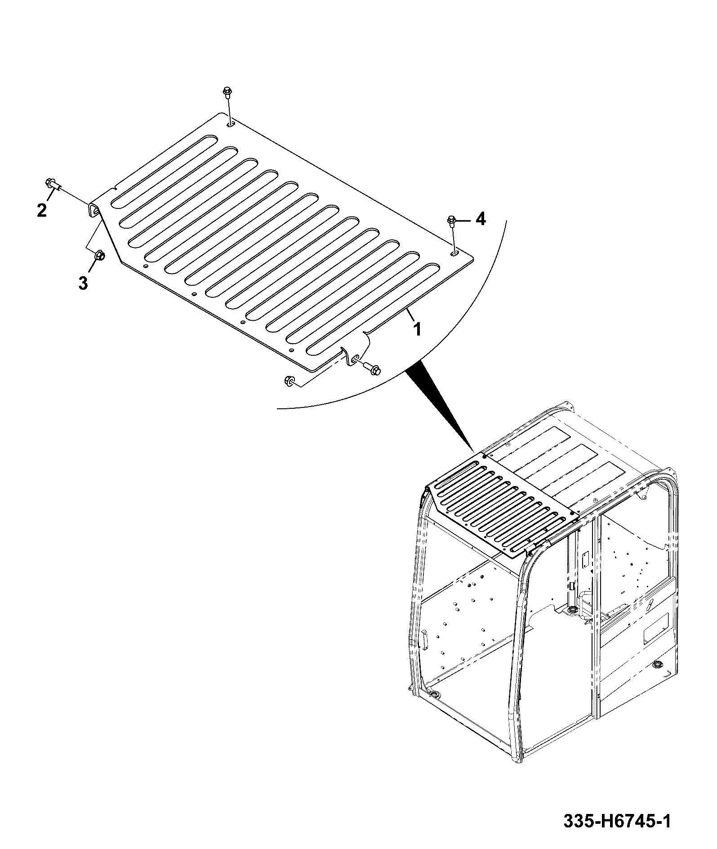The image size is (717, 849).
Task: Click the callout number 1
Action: click(x=417, y=330)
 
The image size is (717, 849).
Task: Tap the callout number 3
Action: click(x=83, y=283)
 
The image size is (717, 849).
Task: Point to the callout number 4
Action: click(x=481, y=219)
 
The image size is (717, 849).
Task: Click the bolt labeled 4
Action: click(x=453, y=224)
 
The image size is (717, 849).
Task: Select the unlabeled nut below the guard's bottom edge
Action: click(x=289, y=382)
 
